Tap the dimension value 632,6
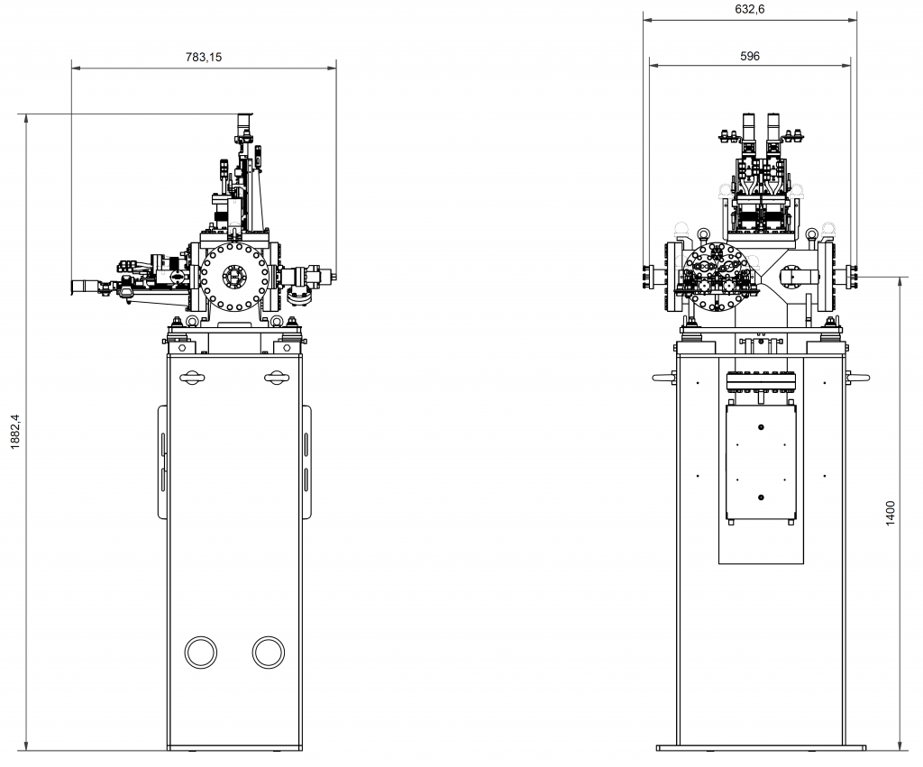pyautogui.click(x=750, y=9)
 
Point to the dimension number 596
pyautogui.click(x=749, y=56)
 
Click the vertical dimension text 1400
pyautogui.click(x=891, y=513)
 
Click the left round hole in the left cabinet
pyautogui.click(x=200, y=652)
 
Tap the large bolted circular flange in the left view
pyautogui.click(x=234, y=277)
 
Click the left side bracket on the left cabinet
pyautogui.click(x=162, y=461)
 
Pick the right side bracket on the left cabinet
pyautogui.click(x=306, y=461)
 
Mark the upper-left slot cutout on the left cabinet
pyautogui.click(x=192, y=378)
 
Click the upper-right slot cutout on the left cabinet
pyautogui.click(x=277, y=378)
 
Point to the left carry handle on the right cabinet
pyautogui.click(x=664, y=379)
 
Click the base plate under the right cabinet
pyautogui.click(x=762, y=747)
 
